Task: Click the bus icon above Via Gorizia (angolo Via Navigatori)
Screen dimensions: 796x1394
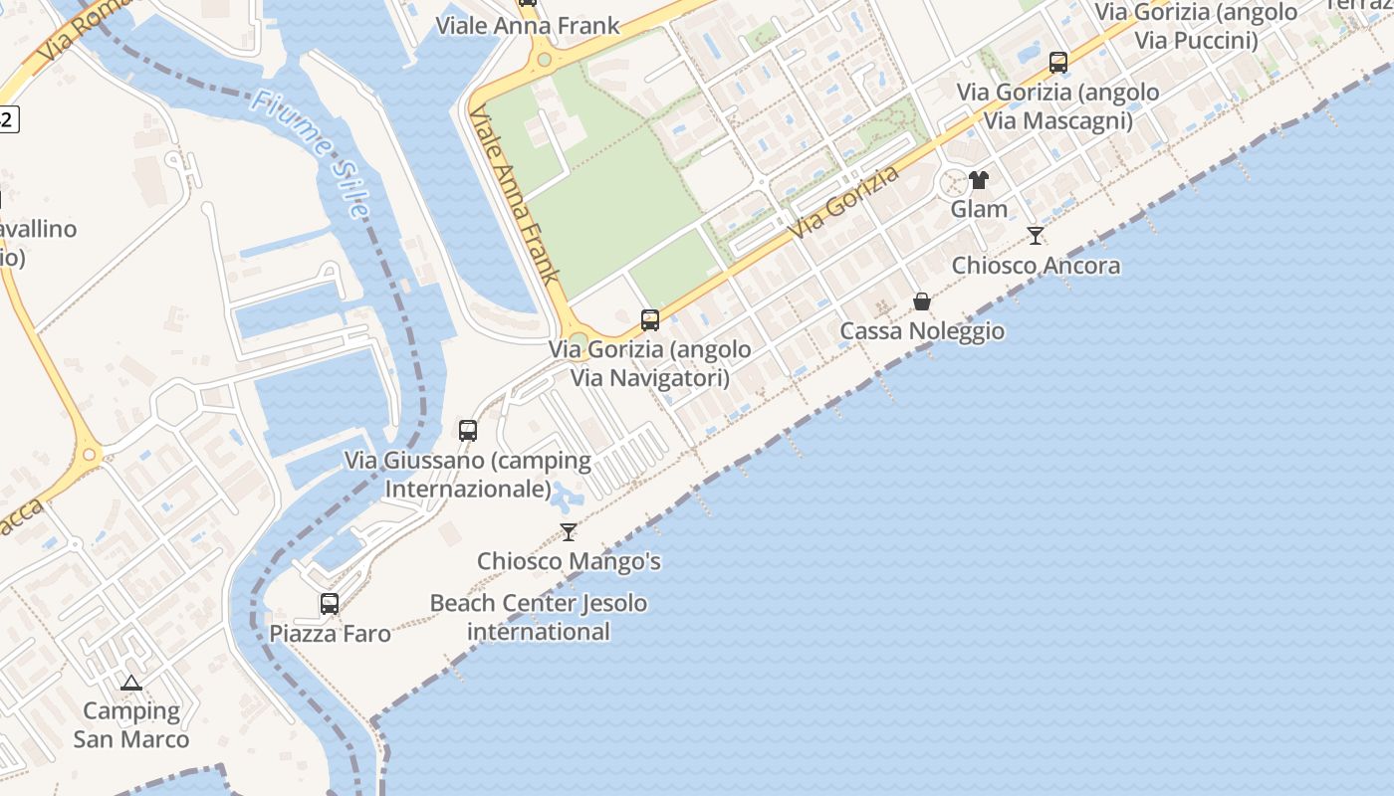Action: tap(650, 320)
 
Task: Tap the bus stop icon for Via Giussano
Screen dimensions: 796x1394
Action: tap(468, 431)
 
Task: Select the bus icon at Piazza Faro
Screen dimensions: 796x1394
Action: tap(330, 604)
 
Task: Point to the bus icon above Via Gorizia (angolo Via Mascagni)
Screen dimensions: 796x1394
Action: tap(1058, 63)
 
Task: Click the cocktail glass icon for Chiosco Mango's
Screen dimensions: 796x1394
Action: tap(569, 532)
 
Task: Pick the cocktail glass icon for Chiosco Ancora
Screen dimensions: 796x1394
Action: tap(1036, 236)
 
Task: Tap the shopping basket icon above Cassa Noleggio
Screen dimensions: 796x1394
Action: tap(922, 301)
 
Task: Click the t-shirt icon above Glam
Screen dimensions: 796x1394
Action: tap(979, 180)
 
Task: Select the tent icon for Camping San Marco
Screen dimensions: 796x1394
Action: tap(130, 683)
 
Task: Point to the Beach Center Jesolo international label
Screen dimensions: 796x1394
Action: tap(538, 617)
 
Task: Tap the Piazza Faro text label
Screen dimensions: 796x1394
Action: tap(330, 634)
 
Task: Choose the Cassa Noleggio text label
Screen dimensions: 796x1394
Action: tap(922, 331)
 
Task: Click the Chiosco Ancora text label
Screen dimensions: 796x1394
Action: tap(1036, 266)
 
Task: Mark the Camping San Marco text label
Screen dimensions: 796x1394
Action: tap(130, 725)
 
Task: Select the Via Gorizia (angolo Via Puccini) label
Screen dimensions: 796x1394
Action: tap(1197, 27)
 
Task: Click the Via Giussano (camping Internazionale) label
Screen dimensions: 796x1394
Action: tap(468, 475)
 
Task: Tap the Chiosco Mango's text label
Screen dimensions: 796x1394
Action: tap(569, 561)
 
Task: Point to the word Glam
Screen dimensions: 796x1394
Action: tap(979, 209)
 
